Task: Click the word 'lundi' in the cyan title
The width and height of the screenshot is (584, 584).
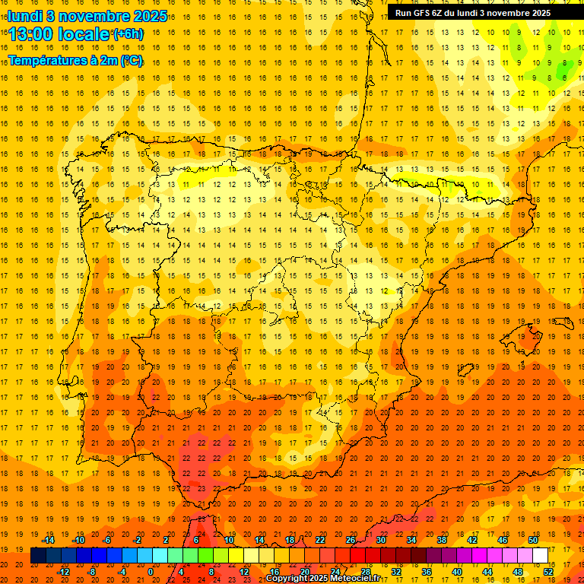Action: click(x=25, y=15)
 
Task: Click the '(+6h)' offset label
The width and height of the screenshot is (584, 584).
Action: click(x=127, y=33)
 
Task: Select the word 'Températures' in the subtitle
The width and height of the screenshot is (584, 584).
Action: click(x=47, y=60)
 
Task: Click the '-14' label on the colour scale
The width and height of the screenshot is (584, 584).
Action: click(x=48, y=540)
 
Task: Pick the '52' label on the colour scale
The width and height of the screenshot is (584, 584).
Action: click(x=547, y=572)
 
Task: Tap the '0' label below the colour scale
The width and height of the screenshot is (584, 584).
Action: click(x=151, y=572)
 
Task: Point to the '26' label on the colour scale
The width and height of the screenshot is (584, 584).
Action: click(x=351, y=540)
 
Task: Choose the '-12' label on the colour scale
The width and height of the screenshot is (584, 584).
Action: click(x=64, y=572)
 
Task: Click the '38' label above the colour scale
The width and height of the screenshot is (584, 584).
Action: click(x=442, y=540)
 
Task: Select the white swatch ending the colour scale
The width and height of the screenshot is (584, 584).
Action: click(x=541, y=556)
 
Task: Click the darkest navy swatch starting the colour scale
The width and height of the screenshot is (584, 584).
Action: click(x=38, y=556)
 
